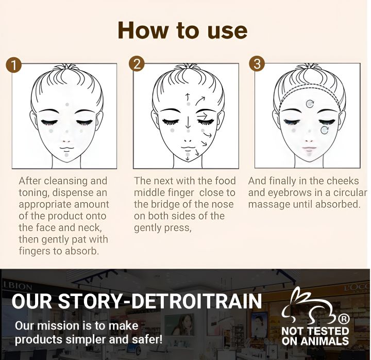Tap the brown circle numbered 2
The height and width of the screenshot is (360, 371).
point(136,64)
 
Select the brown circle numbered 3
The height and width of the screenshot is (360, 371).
point(257,64)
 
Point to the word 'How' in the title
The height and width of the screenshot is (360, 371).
point(143,30)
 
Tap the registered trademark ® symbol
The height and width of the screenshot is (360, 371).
point(344,319)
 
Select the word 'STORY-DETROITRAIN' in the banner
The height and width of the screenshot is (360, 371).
point(160,301)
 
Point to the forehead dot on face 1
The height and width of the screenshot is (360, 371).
point(68,105)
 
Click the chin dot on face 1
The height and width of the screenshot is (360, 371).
point(66,155)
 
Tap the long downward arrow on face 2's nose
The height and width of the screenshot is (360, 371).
point(189,122)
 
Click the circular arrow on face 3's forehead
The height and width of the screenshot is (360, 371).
point(310,104)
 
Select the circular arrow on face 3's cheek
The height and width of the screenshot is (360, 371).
point(325,129)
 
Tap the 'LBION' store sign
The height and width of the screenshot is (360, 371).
point(18,286)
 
